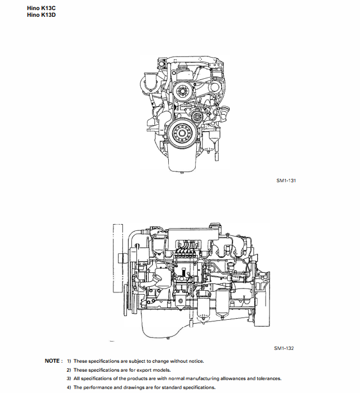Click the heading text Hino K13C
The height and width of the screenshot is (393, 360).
pyautogui.click(x=41, y=8)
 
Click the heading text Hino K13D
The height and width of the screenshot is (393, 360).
pyautogui.click(x=41, y=15)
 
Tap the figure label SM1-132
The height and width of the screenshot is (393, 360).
pyautogui.click(x=284, y=348)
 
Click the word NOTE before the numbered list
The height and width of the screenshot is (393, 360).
pyautogui.click(x=53, y=361)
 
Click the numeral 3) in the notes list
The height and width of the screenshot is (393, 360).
pyautogui.click(x=69, y=378)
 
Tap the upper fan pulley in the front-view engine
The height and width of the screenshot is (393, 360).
pyautogui.click(x=182, y=92)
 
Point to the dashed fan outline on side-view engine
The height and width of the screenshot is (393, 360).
pyautogui.click(x=117, y=257)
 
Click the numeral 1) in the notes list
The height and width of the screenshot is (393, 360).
pyautogui.click(x=69, y=361)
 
